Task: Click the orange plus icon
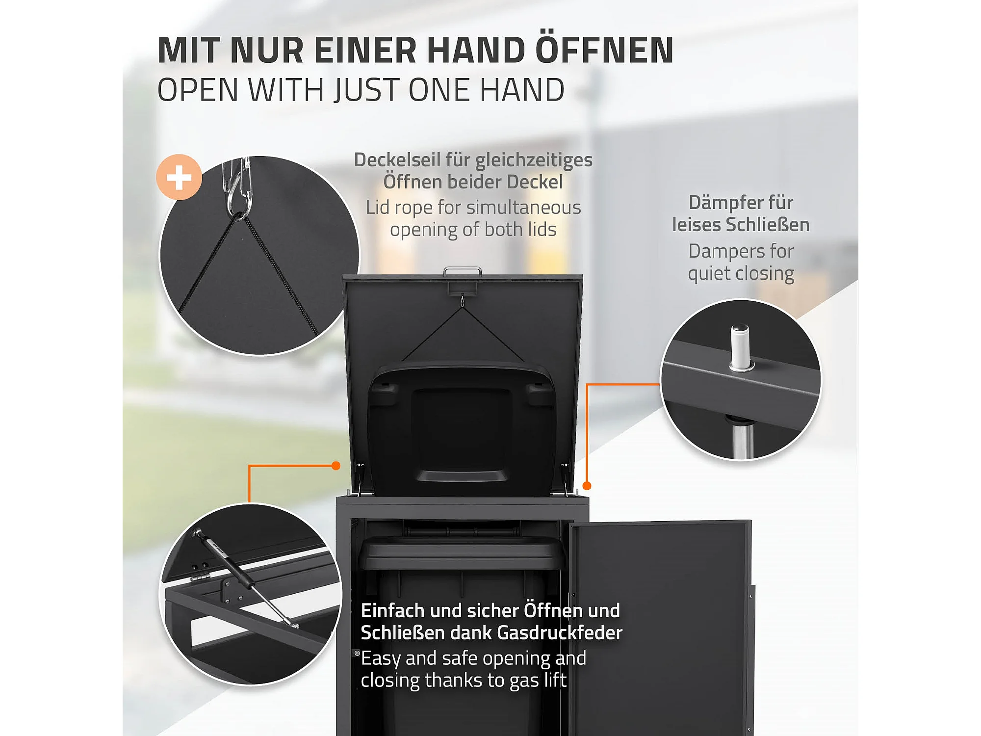(x=179, y=177)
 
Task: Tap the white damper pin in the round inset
(x=740, y=347)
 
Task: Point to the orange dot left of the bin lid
(x=336, y=466)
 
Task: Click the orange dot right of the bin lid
(x=587, y=486)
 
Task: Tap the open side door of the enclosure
(x=660, y=628)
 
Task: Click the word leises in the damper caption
(x=697, y=225)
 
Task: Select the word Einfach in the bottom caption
(x=393, y=611)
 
